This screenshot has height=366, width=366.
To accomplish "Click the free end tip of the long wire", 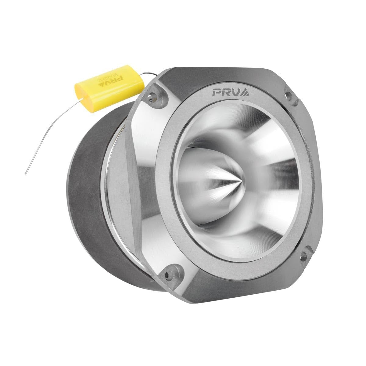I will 26,174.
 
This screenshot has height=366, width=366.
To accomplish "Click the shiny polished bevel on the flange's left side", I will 143,171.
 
